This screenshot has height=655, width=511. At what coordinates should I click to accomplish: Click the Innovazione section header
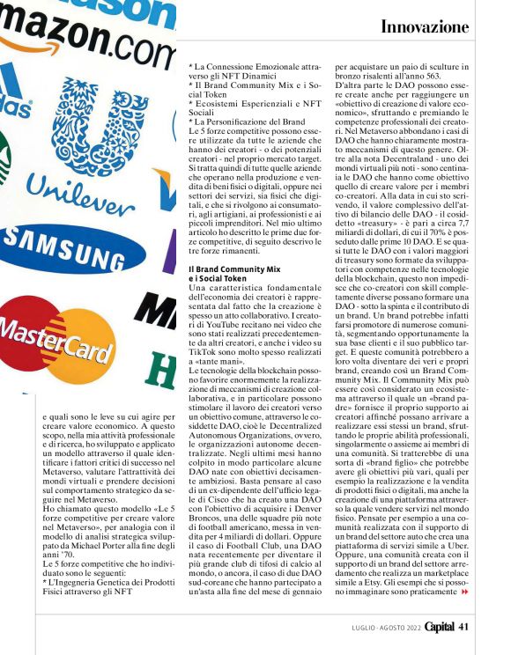tap(425, 27)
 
